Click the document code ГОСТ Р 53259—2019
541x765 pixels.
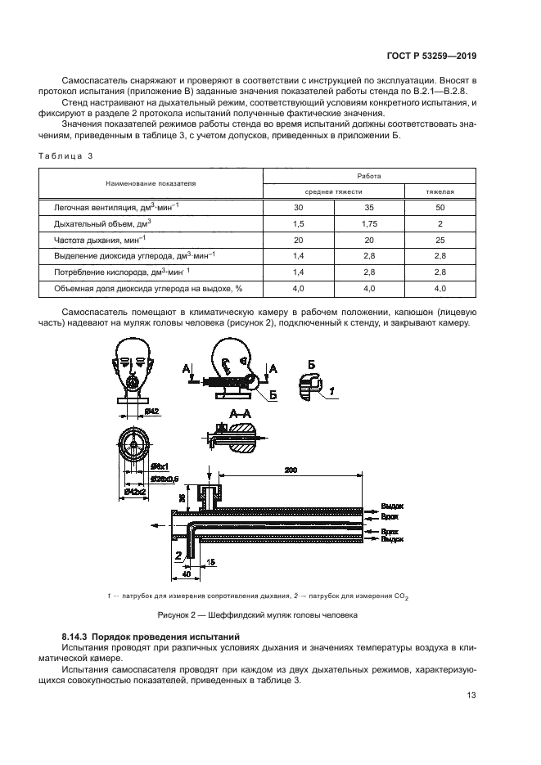(x=431, y=55)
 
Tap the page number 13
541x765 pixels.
(x=471, y=695)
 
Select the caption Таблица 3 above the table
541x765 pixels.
(x=67, y=155)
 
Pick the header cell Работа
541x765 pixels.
(x=368, y=175)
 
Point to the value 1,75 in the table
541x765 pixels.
(x=368, y=223)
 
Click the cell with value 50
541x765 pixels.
(x=440, y=208)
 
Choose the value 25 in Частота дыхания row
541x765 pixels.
(x=440, y=239)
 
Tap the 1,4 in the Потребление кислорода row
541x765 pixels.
(x=298, y=271)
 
